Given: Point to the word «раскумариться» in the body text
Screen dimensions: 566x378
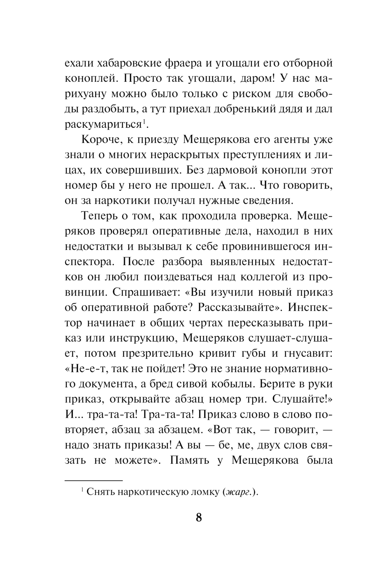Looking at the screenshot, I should [x=103, y=124].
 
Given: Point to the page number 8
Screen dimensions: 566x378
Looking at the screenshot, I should [x=199, y=517].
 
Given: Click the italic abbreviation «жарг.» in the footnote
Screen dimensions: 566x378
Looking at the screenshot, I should [x=238, y=492].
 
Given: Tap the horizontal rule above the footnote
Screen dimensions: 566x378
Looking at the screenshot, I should [x=94, y=480].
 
